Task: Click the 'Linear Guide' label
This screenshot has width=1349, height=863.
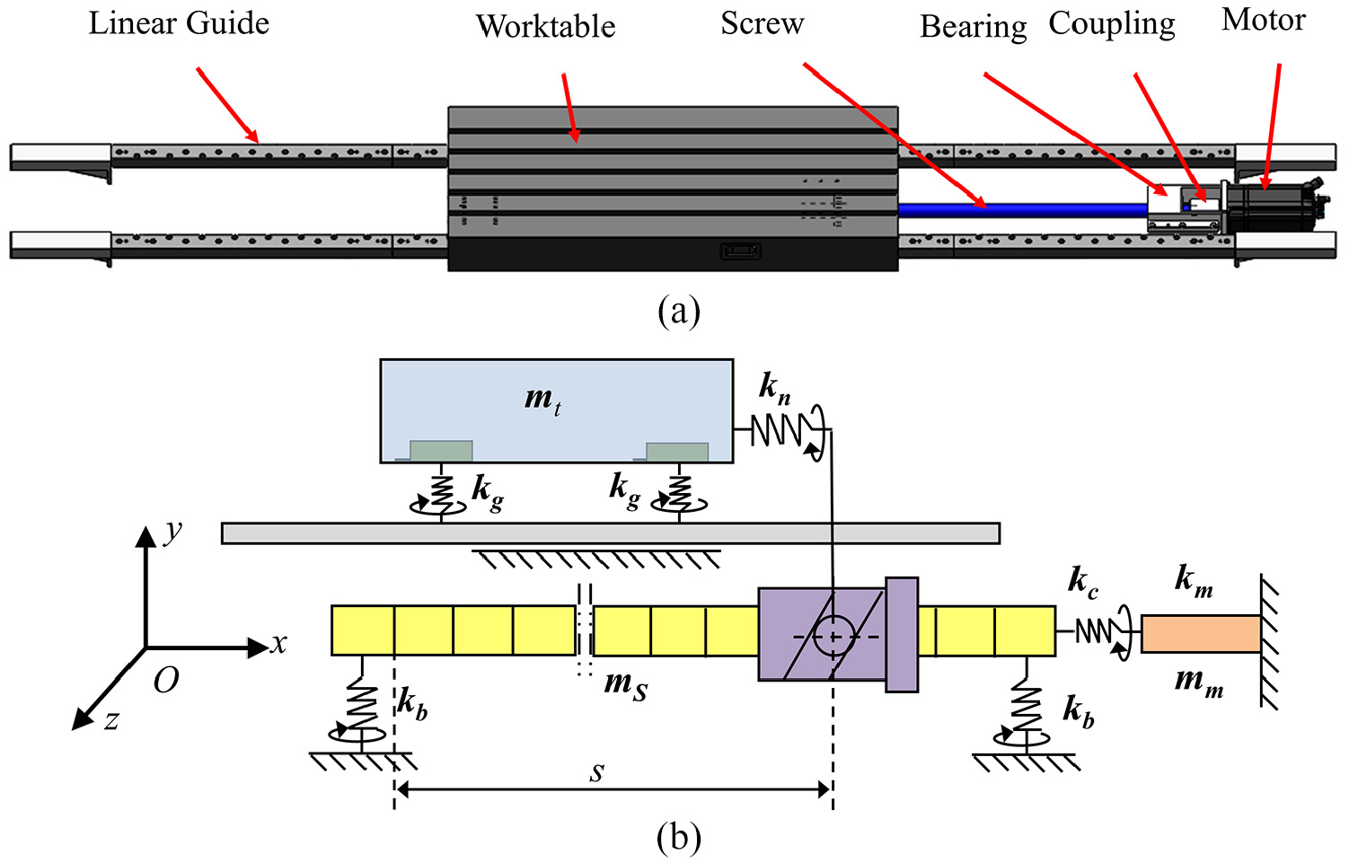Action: [x=179, y=23]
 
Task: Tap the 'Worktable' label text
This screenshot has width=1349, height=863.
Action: [x=546, y=27]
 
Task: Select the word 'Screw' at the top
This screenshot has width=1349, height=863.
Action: [x=763, y=23]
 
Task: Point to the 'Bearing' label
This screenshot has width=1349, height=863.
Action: [x=974, y=27]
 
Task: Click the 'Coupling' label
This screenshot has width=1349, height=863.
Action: [x=1112, y=24]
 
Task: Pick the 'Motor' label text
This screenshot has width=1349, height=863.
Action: [x=1264, y=20]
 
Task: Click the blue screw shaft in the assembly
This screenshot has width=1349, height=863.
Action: [x=1023, y=210]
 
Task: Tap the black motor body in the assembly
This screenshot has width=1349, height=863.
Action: [x=1271, y=207]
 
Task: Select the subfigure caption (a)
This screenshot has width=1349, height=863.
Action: [x=679, y=312]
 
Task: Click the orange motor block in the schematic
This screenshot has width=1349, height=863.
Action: [x=1201, y=633]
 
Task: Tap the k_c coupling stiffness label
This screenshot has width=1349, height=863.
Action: [x=1083, y=584]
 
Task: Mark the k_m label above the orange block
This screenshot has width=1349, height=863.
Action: [x=1195, y=582]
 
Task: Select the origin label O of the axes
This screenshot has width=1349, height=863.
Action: [x=166, y=681]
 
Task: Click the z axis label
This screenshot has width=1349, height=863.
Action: [x=111, y=719]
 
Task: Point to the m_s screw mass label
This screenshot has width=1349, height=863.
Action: [x=626, y=687]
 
